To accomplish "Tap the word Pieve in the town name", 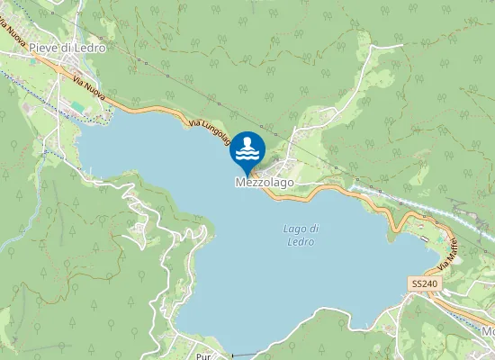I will (x=41, y=47).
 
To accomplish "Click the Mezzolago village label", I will (x=265, y=182).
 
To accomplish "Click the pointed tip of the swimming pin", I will (x=248, y=175).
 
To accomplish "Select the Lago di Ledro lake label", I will (x=301, y=235).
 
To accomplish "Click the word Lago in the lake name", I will (x=294, y=229).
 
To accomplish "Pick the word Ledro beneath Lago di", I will (x=301, y=241).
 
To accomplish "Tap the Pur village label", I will (x=203, y=345).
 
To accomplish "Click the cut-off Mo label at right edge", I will (x=488, y=330).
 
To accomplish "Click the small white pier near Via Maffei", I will (x=424, y=238).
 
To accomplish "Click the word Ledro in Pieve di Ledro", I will (x=91, y=47).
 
